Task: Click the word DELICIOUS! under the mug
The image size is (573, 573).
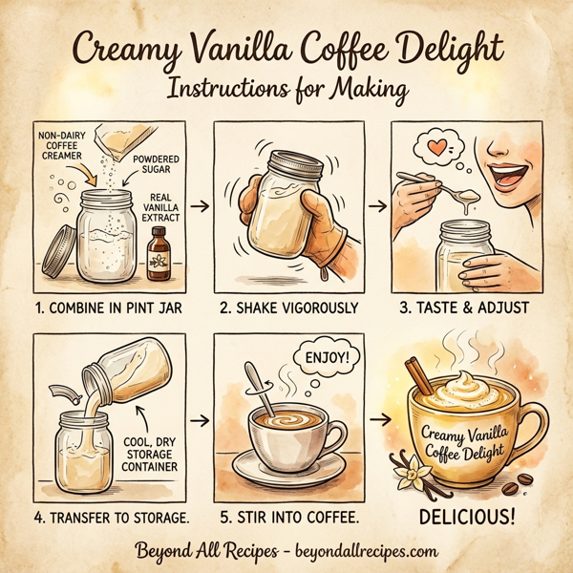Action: pos(472,520)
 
